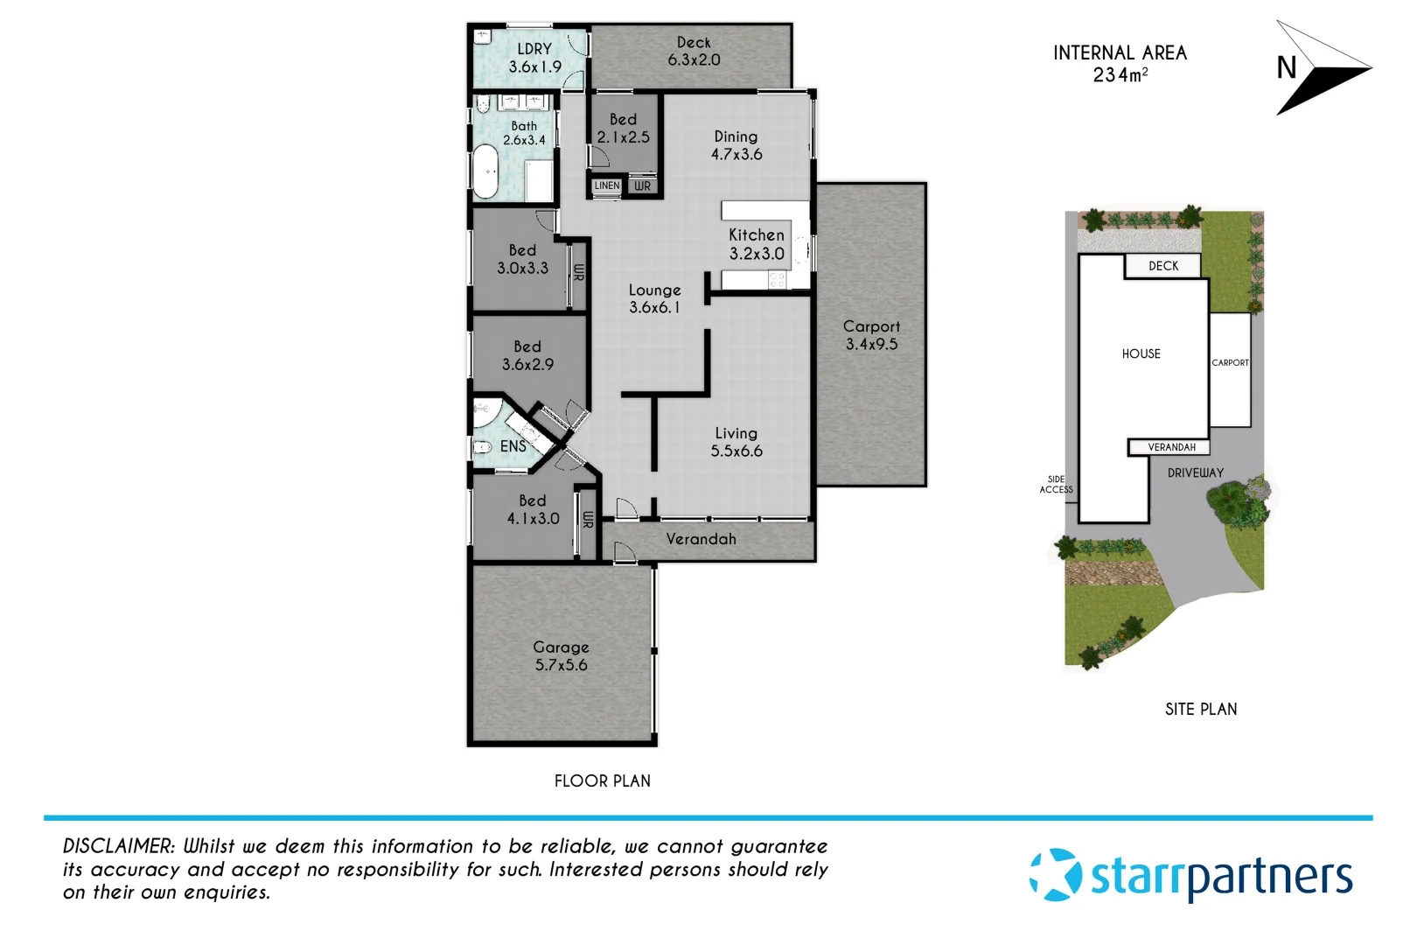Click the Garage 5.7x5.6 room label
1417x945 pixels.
561,656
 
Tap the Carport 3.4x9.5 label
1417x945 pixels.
871,335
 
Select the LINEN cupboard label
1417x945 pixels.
606,185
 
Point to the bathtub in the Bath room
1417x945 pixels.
485,171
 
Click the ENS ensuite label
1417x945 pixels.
513,446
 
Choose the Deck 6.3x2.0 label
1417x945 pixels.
694,51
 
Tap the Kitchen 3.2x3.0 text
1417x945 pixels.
757,244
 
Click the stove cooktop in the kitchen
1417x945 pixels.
777,280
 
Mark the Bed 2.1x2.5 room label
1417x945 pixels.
623,128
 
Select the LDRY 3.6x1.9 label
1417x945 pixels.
534,58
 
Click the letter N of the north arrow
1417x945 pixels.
1286,68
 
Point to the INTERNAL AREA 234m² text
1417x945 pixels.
1120,63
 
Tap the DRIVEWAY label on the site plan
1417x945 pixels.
1195,472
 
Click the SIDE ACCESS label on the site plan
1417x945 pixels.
1056,484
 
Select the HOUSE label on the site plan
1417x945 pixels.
1141,353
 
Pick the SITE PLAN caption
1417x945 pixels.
1200,709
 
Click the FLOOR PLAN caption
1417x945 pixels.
602,780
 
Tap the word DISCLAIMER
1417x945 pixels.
118,846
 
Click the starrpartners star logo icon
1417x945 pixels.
1055,874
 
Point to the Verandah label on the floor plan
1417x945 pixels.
701,539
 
